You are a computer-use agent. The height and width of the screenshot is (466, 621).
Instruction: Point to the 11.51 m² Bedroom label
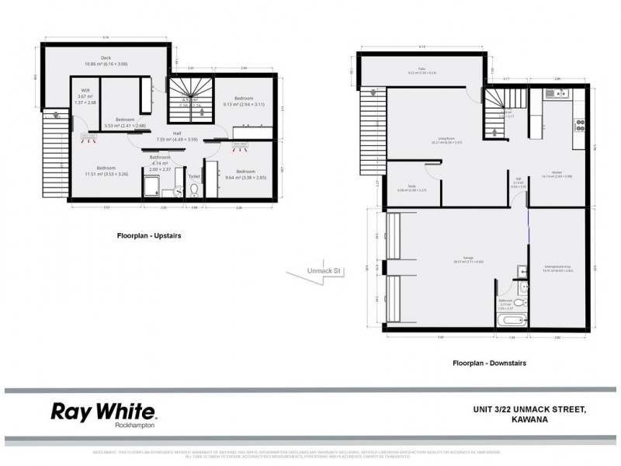[106, 169]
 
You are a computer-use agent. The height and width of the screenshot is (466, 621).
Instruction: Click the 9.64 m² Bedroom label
[245, 172]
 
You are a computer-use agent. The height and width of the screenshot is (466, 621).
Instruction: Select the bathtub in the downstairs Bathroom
[513, 320]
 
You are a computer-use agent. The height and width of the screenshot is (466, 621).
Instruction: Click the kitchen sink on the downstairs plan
[560, 96]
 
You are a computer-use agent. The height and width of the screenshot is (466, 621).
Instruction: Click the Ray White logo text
[104, 412]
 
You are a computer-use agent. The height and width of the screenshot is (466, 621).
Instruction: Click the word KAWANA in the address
[530, 420]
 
